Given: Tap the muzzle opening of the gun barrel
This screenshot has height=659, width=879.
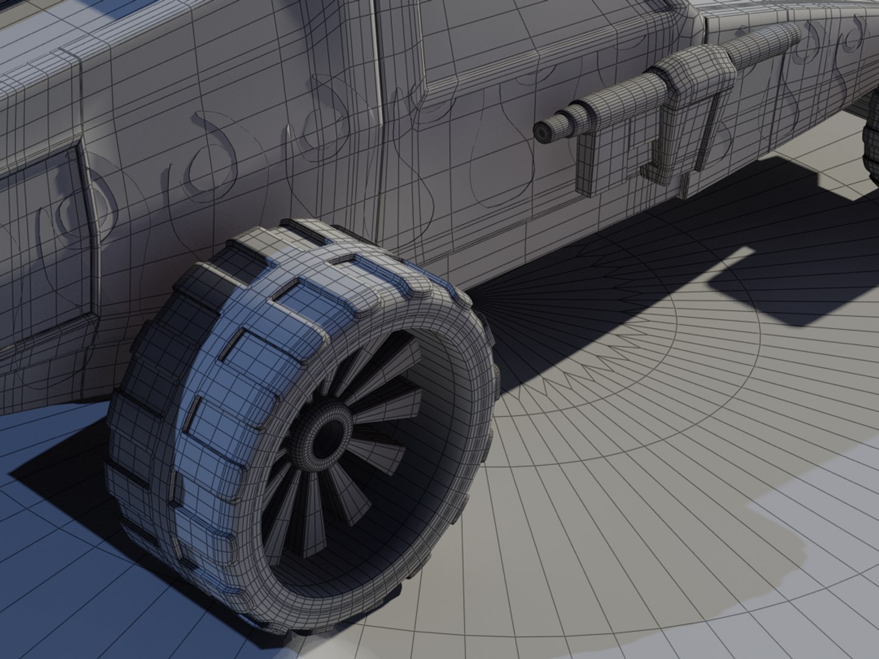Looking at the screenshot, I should click(x=542, y=131).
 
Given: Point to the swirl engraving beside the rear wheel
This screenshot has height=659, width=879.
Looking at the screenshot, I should click(x=848, y=43).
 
